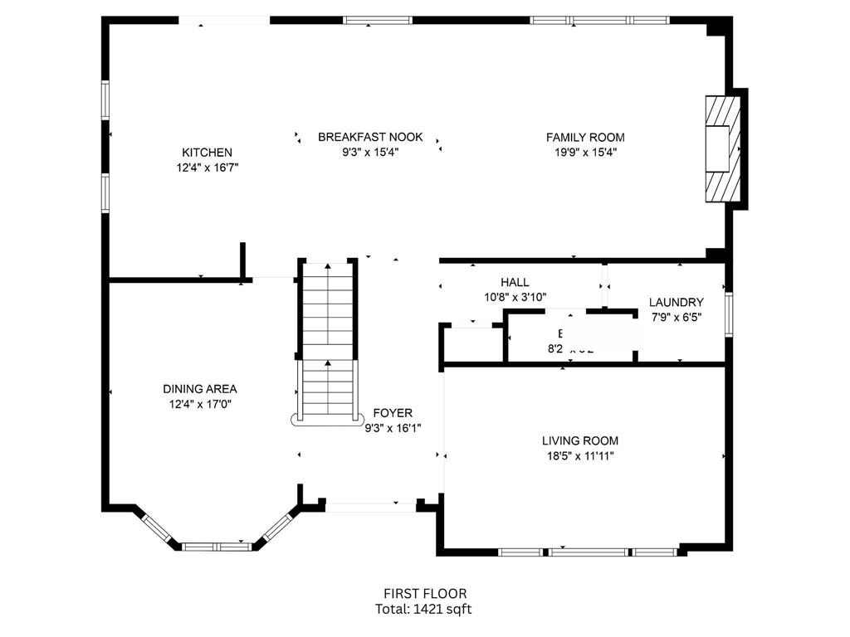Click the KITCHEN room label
207,153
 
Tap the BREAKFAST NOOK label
370,137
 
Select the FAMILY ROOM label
585,137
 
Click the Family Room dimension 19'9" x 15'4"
585,152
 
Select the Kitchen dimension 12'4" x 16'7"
207,168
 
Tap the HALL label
515,283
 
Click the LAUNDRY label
676,303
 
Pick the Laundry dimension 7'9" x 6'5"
676,317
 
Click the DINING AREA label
199,389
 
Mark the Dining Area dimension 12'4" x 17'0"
199,404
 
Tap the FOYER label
393,413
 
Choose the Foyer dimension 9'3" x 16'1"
393,428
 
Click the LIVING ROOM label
580,441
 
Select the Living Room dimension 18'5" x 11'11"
580,455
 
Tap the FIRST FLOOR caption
424,593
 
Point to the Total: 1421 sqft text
424,608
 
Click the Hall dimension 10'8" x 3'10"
515,297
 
